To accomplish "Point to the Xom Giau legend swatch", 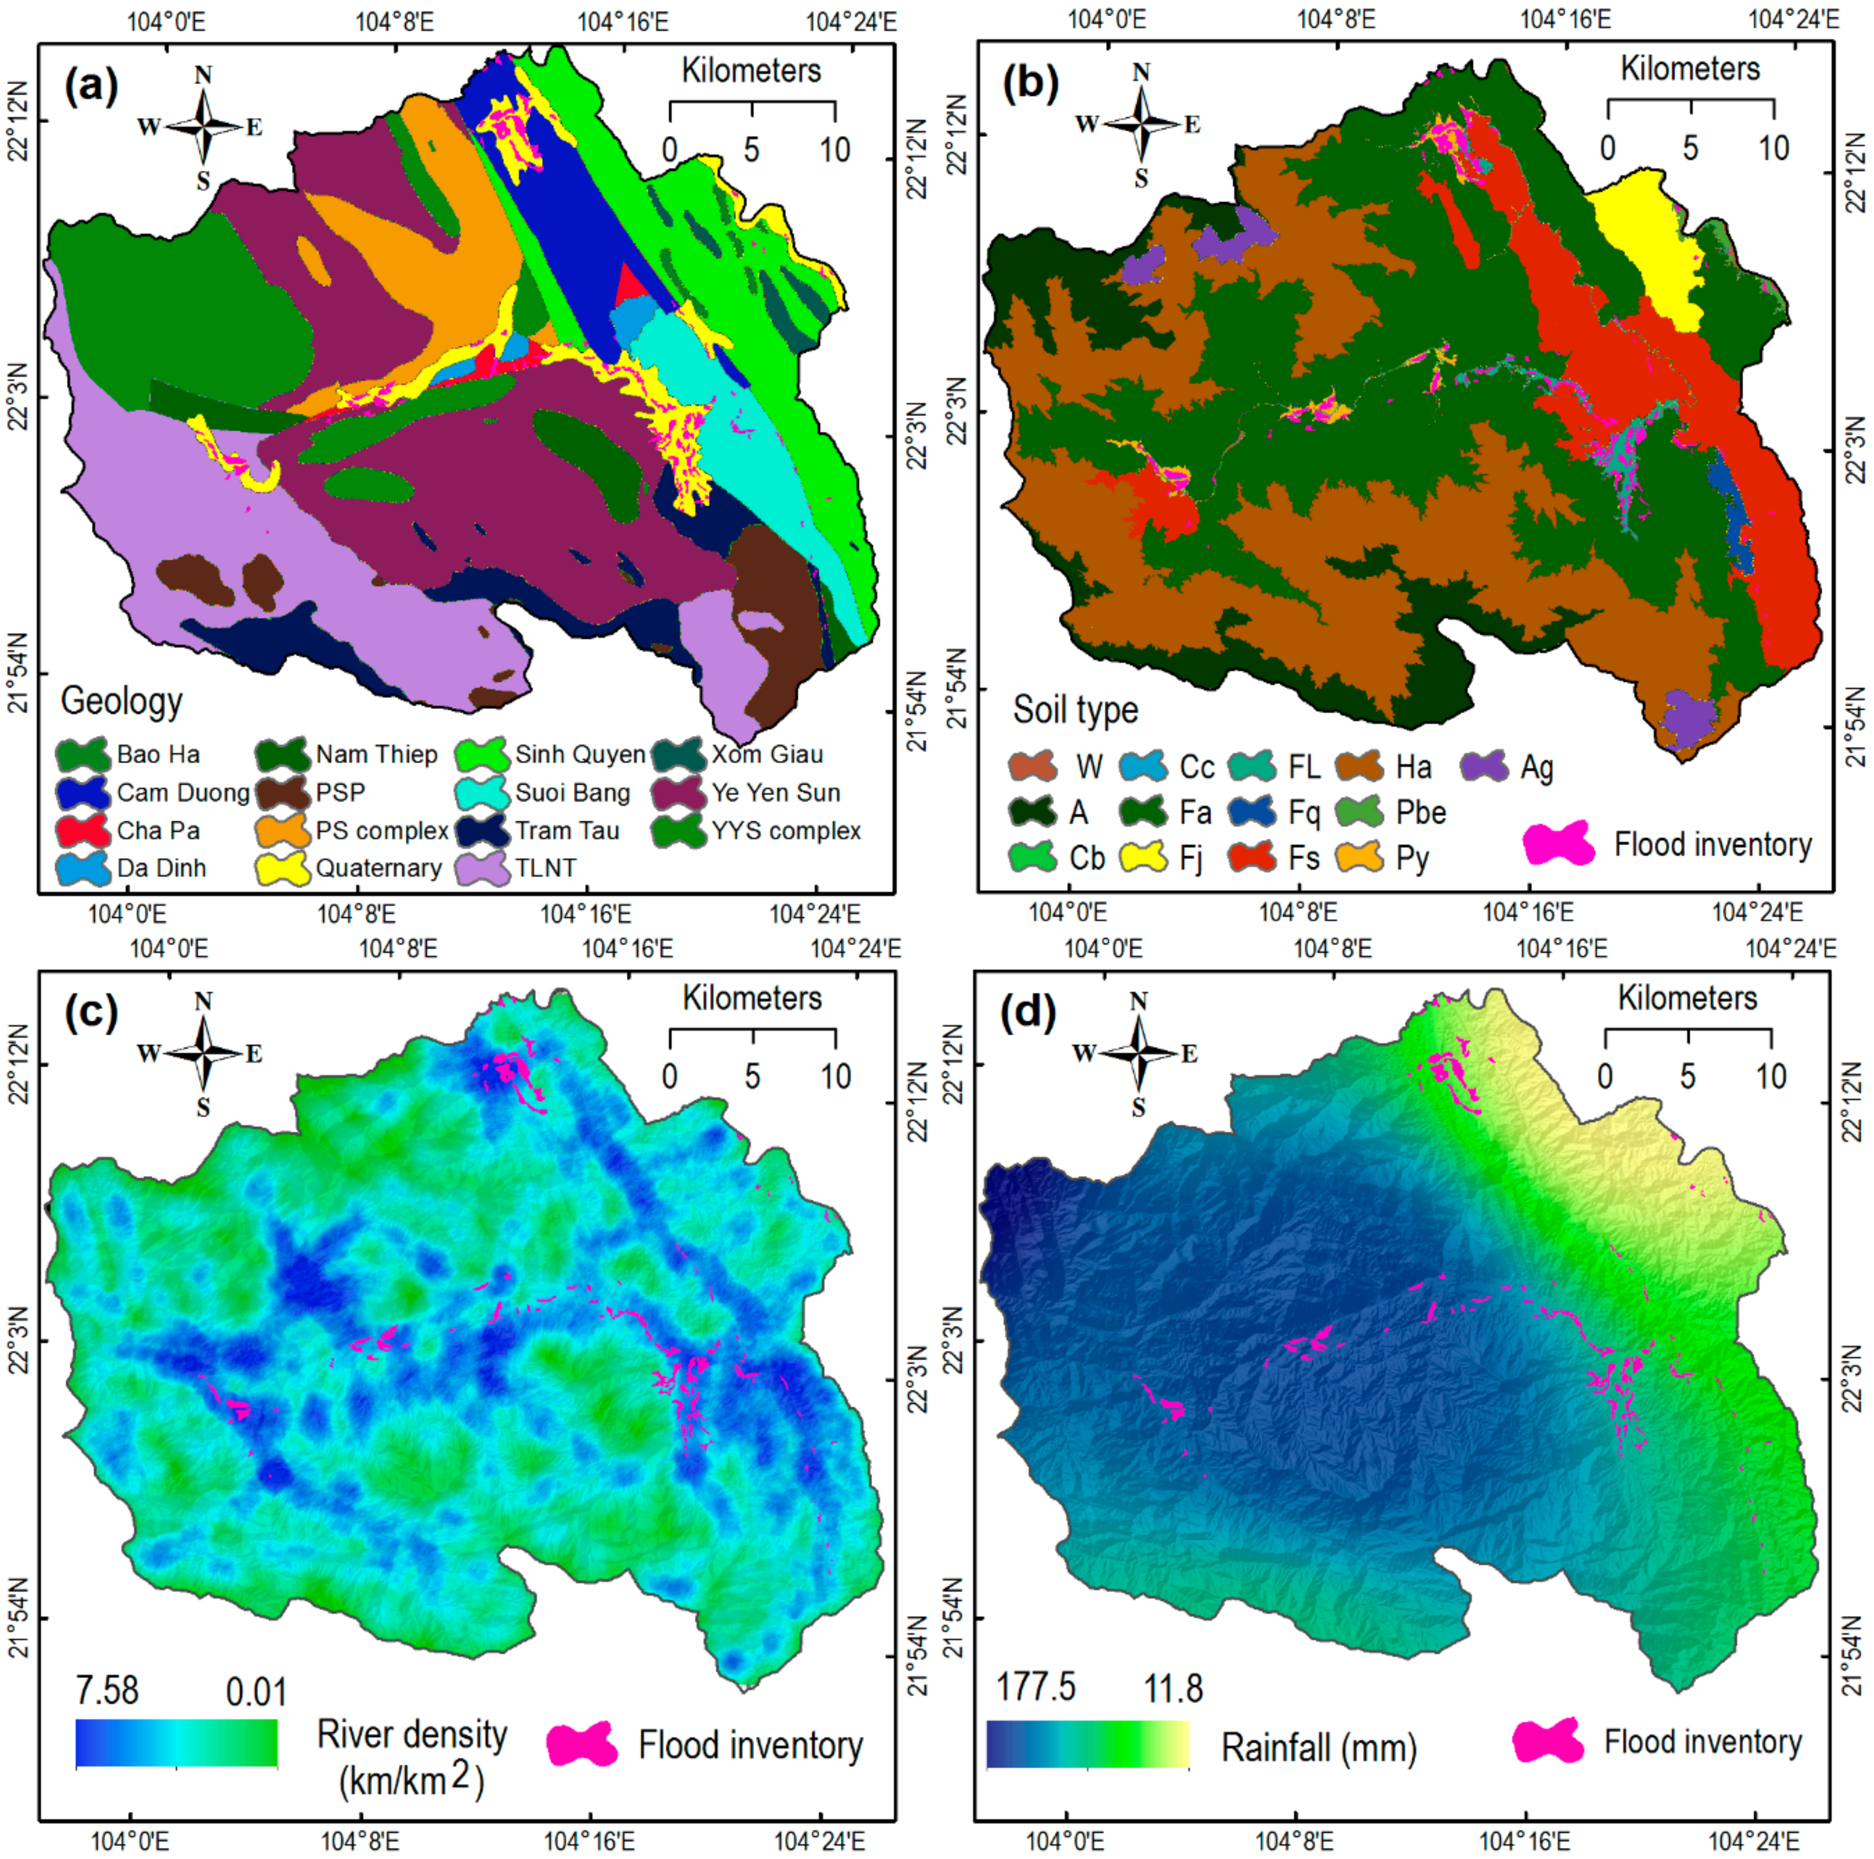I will point(679,754).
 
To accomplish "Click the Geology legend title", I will point(121,700).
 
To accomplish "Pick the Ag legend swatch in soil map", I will point(1485,766).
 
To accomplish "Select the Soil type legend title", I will point(1075,709).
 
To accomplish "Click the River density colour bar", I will point(176,1743).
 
